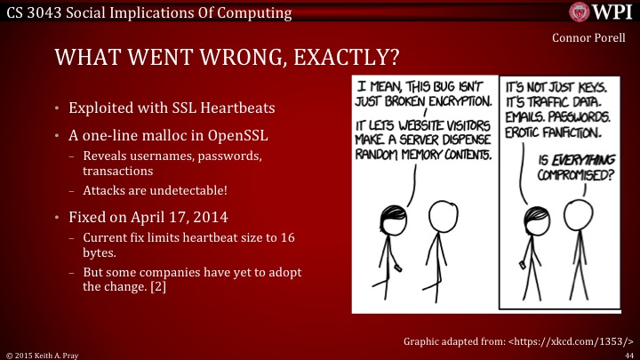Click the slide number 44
pos(628,353)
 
